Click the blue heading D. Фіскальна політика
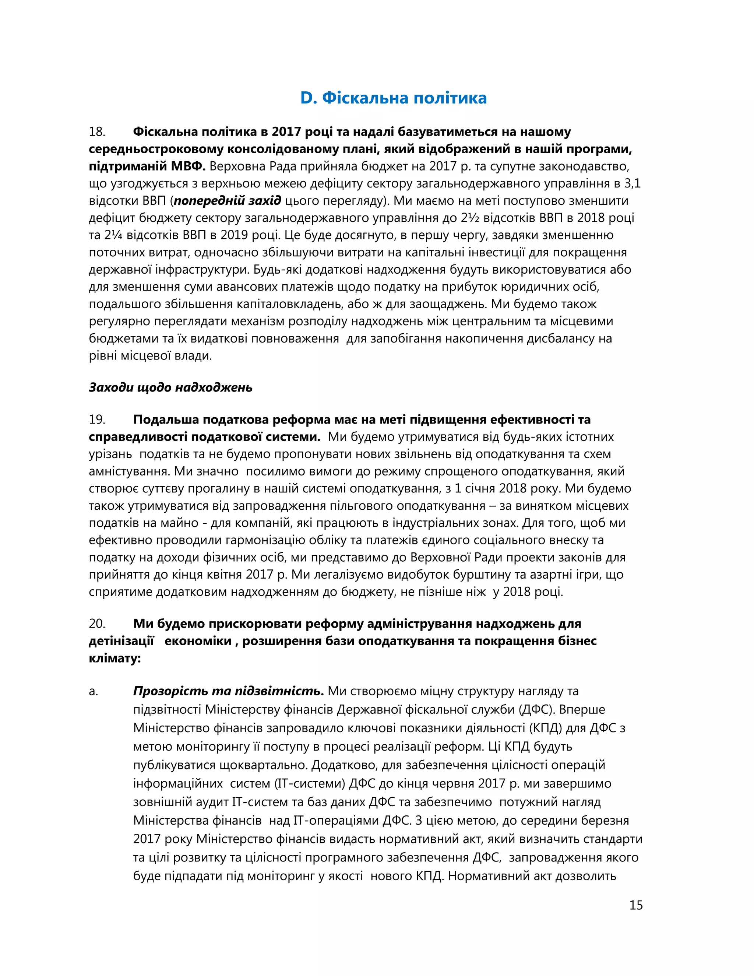pyautogui.click(x=393, y=98)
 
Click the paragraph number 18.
pyautogui.click(x=97, y=132)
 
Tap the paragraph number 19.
pyautogui.click(x=97, y=419)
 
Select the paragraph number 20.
pyautogui.click(x=97, y=624)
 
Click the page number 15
pyautogui.click(x=635, y=905)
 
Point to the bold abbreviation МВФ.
pyautogui.click(x=188, y=166)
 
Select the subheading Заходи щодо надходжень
pyautogui.click(x=170, y=387)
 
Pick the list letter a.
pyautogui.click(x=93, y=691)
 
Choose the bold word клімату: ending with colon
pyautogui.click(x=115, y=658)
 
